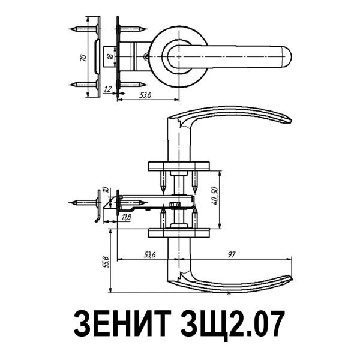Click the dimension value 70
[83, 58]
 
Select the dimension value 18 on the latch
[110, 56]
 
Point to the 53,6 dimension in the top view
[145, 95]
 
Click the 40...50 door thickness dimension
[216, 196]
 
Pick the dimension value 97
[232, 254]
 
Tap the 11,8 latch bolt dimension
[126, 217]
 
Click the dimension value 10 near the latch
[106, 190]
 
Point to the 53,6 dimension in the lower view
[149, 254]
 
